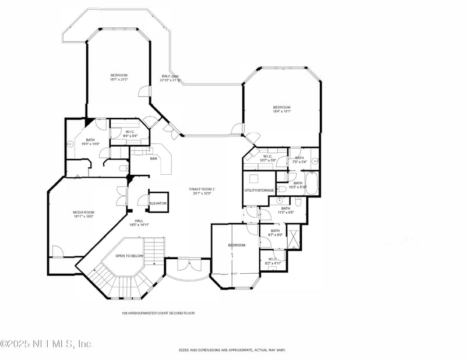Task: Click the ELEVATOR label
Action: tap(158, 203)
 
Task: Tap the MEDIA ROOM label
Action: tap(83, 212)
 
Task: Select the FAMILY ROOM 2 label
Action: tap(202, 189)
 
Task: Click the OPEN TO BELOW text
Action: tap(129, 256)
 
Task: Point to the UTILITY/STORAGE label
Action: tap(259, 190)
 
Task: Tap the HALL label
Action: tap(139, 221)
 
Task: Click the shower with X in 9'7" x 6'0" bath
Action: tap(294, 239)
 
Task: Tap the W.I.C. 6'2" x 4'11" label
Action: tap(273, 260)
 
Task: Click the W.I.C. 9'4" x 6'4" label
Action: tap(130, 134)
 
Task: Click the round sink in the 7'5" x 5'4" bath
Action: tap(315, 160)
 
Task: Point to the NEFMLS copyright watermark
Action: tap(45, 344)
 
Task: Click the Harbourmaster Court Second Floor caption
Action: tap(158, 313)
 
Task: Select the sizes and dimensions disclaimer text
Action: tap(232, 350)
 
